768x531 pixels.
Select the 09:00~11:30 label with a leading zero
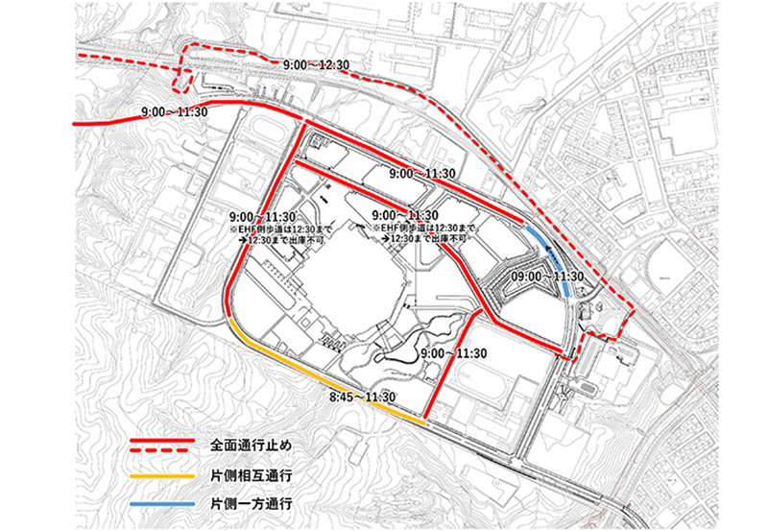click(x=544, y=277)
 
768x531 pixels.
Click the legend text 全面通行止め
click(x=254, y=447)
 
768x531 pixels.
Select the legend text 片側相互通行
click(x=254, y=475)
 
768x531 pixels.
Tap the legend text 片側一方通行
click(x=254, y=503)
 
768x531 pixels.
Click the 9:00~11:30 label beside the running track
click(x=455, y=354)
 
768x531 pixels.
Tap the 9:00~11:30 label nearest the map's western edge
click(x=174, y=112)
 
